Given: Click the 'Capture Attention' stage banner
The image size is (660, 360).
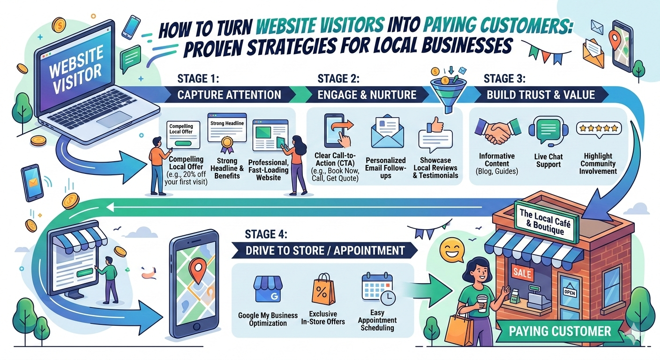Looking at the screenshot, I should click(229, 95).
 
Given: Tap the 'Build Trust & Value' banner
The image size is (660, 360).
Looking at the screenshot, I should click(540, 95).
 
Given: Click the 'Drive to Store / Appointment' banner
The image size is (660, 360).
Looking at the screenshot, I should click(325, 251).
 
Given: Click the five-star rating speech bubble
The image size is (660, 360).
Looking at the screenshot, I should click(599, 129).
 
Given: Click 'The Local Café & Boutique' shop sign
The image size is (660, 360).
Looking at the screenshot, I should click(546, 223).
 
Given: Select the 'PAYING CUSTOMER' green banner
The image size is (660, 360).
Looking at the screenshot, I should click(560, 331).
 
